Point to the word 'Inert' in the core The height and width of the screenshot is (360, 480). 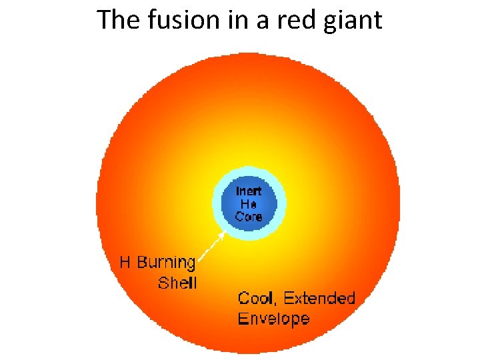tap(249, 191)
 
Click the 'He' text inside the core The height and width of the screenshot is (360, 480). tap(249, 204)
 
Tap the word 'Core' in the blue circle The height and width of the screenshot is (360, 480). tap(249, 216)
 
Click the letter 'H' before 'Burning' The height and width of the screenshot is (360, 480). tap(125, 262)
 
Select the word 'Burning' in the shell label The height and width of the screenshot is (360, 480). tap(167, 263)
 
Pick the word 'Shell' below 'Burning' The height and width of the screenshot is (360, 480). tap(177, 283)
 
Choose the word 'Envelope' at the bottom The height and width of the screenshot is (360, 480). tap(273, 318)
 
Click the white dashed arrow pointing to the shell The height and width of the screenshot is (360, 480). tap(211, 247)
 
